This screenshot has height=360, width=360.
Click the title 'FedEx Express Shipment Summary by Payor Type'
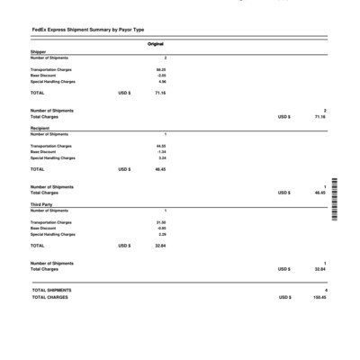pos(87,31)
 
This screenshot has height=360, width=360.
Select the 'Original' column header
pos(156,44)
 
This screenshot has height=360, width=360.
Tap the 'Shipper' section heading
pos(38,52)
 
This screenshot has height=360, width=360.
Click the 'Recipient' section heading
pos(40,129)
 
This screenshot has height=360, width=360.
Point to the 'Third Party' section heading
pos(42,204)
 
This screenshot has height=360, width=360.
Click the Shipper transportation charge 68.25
pos(160,69)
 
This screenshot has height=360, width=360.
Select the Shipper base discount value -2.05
pos(161,76)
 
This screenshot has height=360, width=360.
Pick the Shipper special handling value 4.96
pos(161,82)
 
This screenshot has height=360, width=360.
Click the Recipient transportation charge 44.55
pos(160,146)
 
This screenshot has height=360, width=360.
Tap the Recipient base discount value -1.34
pos(161,152)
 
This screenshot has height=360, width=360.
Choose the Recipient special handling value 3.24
pos(161,158)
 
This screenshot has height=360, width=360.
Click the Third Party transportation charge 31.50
pos(160,222)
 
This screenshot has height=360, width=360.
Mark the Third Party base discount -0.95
pos(161,229)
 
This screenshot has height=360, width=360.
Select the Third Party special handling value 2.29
pos(161,235)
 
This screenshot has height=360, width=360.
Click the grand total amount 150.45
pos(319,297)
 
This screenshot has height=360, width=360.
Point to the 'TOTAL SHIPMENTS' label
pos(51,291)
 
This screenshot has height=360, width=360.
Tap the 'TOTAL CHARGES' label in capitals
pos(49,297)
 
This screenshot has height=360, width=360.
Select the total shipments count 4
pos(325,291)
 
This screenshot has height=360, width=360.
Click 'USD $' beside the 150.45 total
pos(284,297)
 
